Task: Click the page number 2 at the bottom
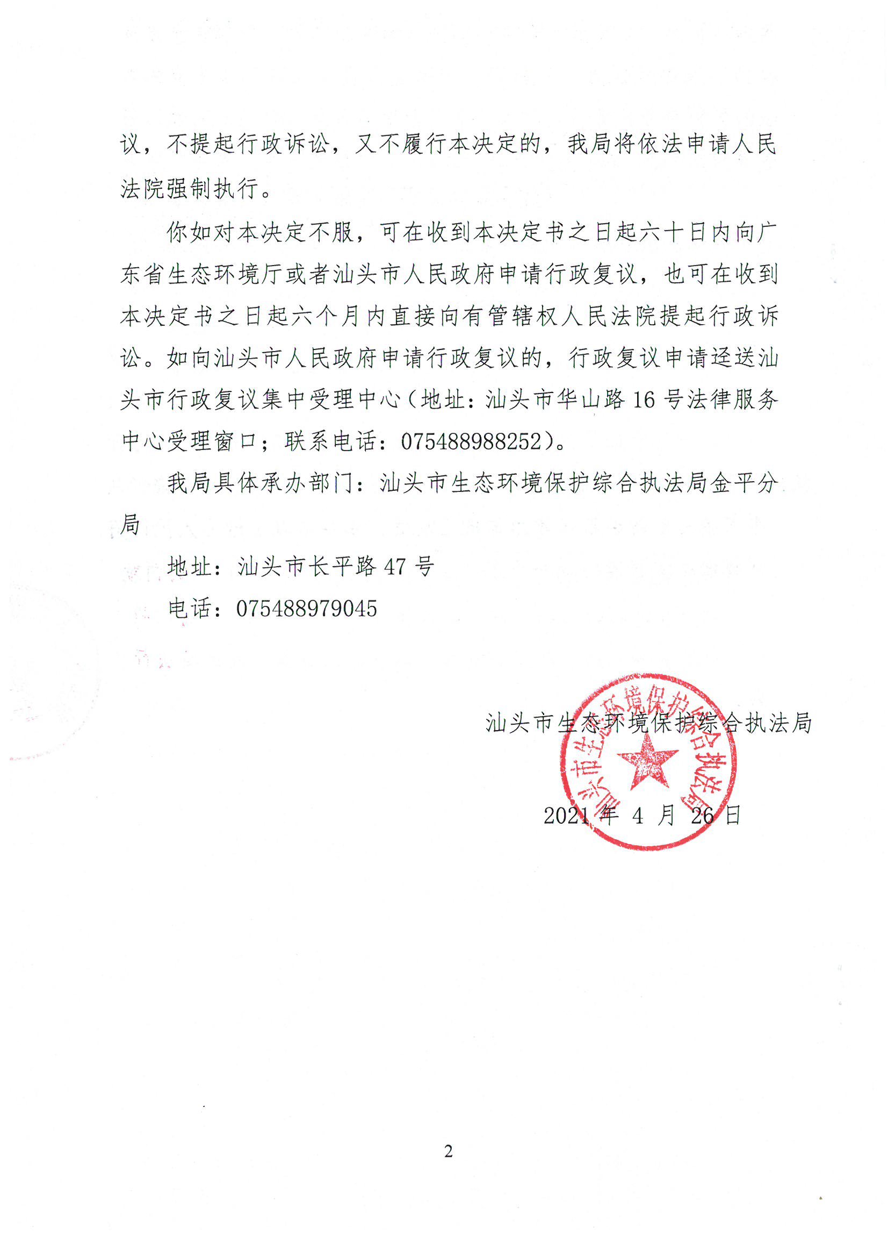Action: tap(449, 1151)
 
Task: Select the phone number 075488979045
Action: tap(306, 609)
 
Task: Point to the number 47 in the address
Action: tap(394, 567)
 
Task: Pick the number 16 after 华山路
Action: tap(644, 400)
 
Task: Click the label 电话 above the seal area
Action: tap(189, 609)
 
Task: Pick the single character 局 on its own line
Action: tap(130, 525)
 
